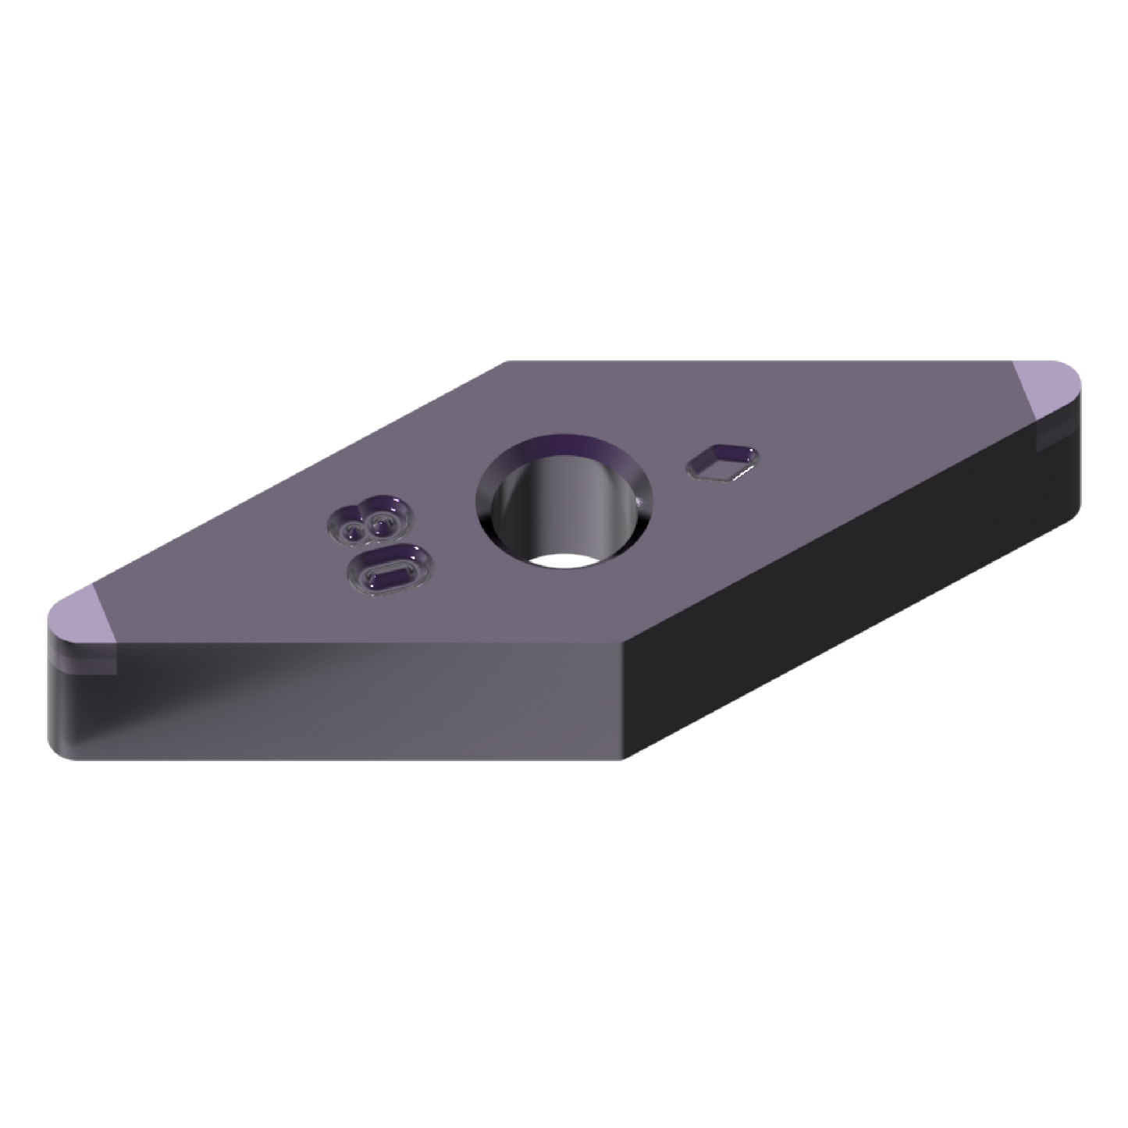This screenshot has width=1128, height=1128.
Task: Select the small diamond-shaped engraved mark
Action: (722, 459)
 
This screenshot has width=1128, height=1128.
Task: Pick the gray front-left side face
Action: (351, 703)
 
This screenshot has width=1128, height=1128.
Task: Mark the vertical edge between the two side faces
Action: (624, 703)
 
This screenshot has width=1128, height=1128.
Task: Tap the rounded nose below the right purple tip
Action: (1073, 468)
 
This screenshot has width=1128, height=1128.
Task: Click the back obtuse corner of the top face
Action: (504, 361)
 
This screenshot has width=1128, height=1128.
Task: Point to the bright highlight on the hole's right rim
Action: (642, 500)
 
